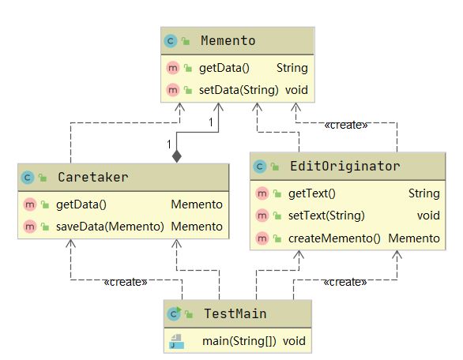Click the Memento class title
click(228, 41)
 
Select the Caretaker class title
click(93, 178)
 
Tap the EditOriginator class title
click(345, 166)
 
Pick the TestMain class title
click(235, 313)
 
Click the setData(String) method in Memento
click(239, 90)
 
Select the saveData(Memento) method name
click(110, 227)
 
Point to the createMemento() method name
click(334, 238)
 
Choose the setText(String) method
click(326, 216)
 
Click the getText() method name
click(312, 193)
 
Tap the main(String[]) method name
click(239, 341)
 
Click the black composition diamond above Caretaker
click(176, 156)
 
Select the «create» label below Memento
click(346, 125)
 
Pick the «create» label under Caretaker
click(125, 282)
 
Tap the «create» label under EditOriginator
click(345, 282)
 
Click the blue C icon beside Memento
click(171, 41)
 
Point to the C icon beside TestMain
click(174, 313)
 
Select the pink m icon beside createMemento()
click(262, 238)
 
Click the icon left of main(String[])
click(176, 341)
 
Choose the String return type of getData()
click(292, 68)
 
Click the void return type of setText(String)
click(428, 216)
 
